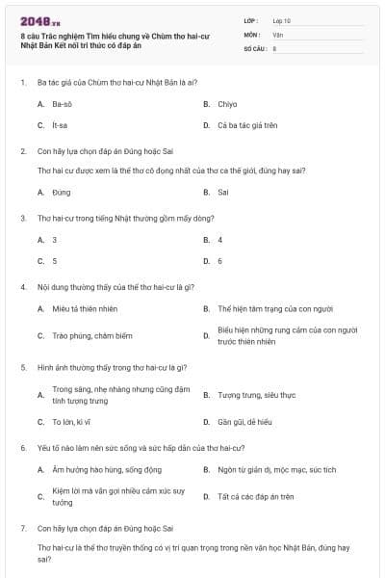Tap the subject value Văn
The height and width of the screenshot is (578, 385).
pos(278,34)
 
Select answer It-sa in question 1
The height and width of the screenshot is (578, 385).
pos(61,125)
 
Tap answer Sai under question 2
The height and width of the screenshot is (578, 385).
pos(223,192)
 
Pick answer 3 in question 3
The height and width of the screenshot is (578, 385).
pos(55,239)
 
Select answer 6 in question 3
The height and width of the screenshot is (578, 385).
pos(220,261)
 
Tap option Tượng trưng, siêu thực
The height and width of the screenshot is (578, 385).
pos(256,395)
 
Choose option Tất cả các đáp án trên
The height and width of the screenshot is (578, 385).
pos(255,496)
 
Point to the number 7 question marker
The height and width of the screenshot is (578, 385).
pos(22,529)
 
